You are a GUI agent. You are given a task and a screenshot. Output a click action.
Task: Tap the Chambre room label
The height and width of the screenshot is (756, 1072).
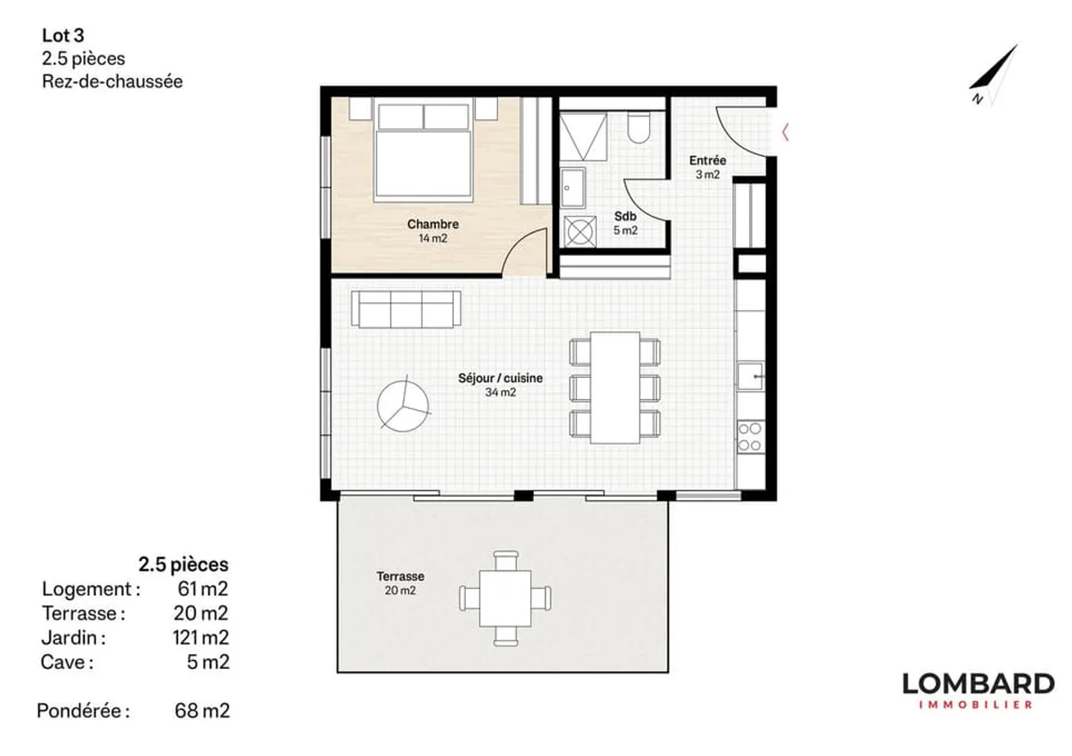[x=433, y=224]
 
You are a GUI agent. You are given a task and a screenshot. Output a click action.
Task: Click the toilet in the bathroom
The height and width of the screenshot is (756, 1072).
[x=639, y=127]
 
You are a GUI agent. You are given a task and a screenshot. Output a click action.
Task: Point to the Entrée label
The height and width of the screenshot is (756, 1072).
[x=707, y=160]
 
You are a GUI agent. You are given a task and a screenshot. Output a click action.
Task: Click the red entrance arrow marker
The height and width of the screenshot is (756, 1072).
[x=785, y=133]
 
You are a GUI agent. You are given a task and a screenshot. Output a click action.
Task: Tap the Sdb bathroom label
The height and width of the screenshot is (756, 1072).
[x=625, y=217]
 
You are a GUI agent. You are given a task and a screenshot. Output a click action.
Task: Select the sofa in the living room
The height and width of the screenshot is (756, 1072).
[x=406, y=309]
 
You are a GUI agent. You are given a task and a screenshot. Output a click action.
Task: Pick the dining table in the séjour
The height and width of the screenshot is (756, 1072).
[x=615, y=388]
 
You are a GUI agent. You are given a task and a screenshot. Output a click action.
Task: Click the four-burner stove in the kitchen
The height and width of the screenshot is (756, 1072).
[x=750, y=437]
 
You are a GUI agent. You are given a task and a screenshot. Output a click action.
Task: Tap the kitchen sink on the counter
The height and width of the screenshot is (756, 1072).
[x=750, y=376]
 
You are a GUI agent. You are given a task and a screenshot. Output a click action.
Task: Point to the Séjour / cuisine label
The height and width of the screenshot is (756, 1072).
[x=500, y=378]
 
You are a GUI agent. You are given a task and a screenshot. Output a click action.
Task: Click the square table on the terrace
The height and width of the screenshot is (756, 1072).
[x=505, y=598]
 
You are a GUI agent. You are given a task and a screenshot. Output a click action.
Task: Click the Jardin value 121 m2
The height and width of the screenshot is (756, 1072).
[x=200, y=638]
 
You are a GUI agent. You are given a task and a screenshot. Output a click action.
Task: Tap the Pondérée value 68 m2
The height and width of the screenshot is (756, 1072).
[x=202, y=711]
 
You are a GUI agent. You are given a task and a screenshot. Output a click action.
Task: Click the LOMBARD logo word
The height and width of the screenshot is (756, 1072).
[x=977, y=684]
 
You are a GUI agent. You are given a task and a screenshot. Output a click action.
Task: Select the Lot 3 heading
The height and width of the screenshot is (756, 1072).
[x=63, y=35]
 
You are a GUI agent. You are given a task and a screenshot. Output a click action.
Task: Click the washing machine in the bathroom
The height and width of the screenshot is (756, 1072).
[x=579, y=231]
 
